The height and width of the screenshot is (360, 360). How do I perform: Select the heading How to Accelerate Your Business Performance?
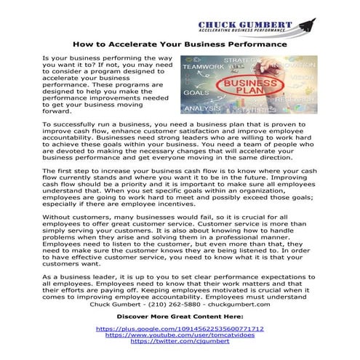pyautogui.click(x=179, y=44)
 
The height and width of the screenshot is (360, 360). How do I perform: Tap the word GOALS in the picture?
pyautogui.click(x=193, y=93)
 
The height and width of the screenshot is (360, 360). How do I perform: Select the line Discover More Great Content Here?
pyautogui.click(x=180, y=318)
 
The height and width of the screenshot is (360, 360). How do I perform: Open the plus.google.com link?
pyautogui.click(x=180, y=329)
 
